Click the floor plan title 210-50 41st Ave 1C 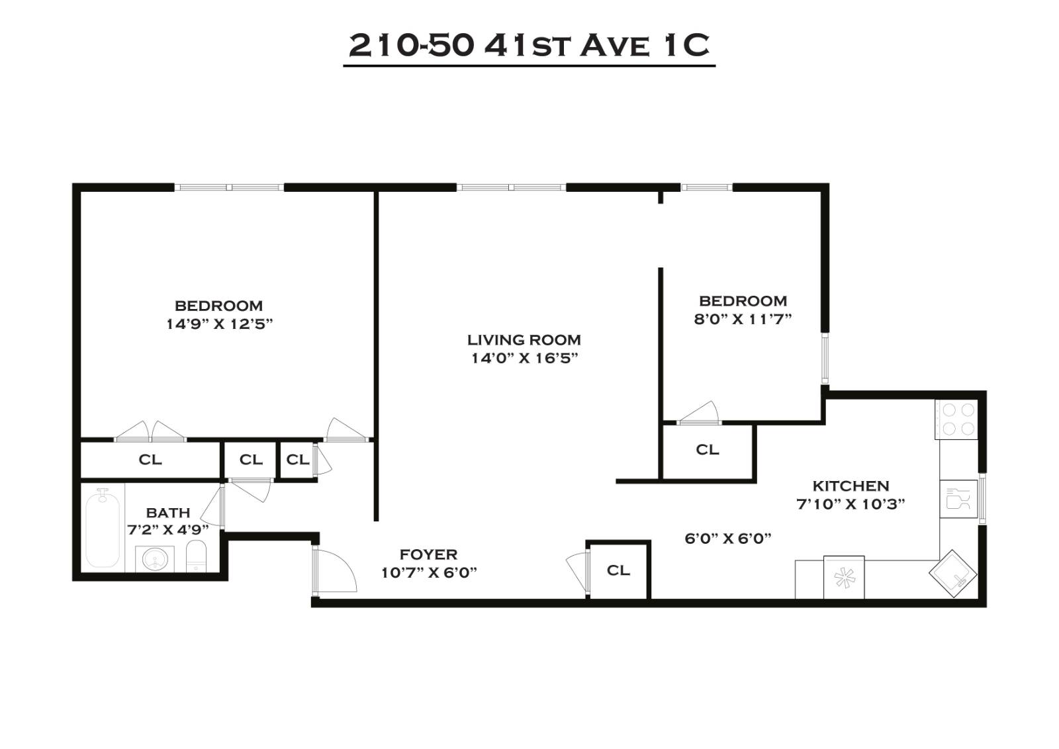pyautogui.click(x=529, y=46)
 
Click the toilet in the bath pyautogui.click(x=197, y=556)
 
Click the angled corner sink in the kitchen pyautogui.click(x=953, y=574)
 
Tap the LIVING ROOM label pyautogui.click(x=524, y=340)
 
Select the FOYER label pyautogui.click(x=428, y=554)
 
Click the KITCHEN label pyautogui.click(x=851, y=486)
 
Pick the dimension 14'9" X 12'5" pyautogui.click(x=219, y=324)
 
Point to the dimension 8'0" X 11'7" pyautogui.click(x=743, y=319)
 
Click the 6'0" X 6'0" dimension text pyautogui.click(x=728, y=539)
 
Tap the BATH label pyautogui.click(x=168, y=513)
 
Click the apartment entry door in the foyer pyautogui.click(x=334, y=569)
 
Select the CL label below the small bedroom pyautogui.click(x=707, y=450)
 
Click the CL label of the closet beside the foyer pyautogui.click(x=618, y=570)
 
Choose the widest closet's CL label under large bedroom pyautogui.click(x=150, y=460)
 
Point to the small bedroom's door pyautogui.click(x=699, y=414)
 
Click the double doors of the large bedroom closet pyautogui.click(x=151, y=432)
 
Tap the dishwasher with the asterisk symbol pyautogui.click(x=843, y=578)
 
